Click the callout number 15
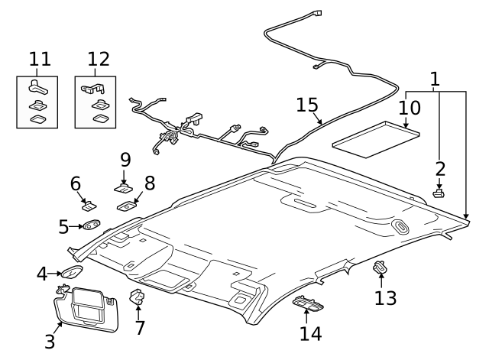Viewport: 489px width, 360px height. pos(307,105)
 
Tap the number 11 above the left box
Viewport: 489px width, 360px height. pos(39,59)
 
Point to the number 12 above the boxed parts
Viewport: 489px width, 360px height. pos(98,59)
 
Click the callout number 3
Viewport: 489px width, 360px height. pos(50,341)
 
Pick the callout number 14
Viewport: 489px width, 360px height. pos(310,333)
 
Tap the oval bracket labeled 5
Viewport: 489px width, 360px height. pos(92,225)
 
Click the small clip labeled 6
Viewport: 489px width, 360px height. pos(88,204)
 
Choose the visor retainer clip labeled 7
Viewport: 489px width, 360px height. pos(138,297)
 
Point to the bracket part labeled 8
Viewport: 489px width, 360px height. pos(127,203)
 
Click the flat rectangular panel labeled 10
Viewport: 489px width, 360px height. pos(376,135)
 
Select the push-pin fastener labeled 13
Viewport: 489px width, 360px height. pos(380,268)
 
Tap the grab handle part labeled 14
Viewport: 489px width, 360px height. pos(309,305)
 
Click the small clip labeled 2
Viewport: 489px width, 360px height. pos(439,193)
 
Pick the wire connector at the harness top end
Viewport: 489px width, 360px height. pos(318,13)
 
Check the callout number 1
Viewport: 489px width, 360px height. pos(435,79)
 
